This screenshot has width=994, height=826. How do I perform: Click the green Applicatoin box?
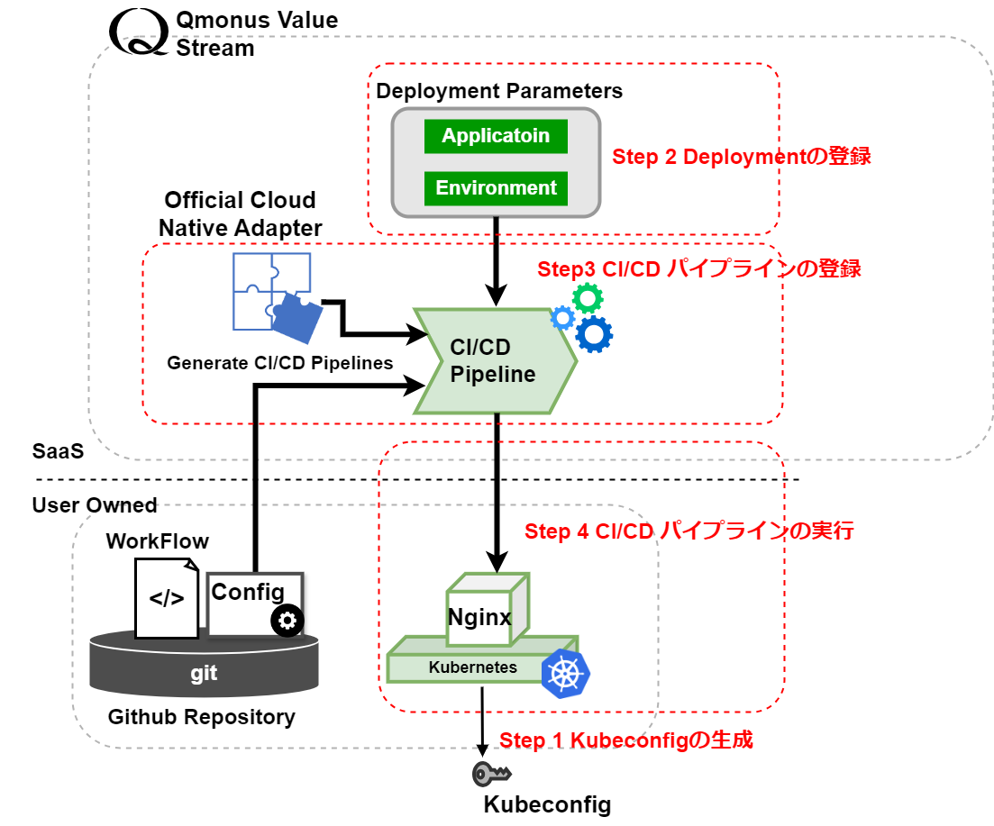coord(496,137)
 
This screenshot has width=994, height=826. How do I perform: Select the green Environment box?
coord(496,188)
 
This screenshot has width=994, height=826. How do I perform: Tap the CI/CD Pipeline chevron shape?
coord(494,360)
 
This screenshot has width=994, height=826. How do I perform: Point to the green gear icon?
coord(588,297)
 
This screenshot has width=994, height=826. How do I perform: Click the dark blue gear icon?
coord(594,334)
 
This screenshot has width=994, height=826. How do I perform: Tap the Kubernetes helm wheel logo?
coord(565,672)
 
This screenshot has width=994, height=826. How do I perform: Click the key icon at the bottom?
coord(492,774)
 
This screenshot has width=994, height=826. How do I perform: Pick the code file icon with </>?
coord(167,597)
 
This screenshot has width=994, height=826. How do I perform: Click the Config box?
coord(249,593)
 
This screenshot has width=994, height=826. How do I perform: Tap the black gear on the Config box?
coord(287,621)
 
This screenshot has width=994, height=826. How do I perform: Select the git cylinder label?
coord(204,673)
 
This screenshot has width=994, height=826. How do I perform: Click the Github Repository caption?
coord(201,717)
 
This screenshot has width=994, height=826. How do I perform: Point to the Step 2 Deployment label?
coord(741,157)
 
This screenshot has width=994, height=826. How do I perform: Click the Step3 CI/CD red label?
coord(698,268)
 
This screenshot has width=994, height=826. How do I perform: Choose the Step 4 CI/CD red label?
coord(689,531)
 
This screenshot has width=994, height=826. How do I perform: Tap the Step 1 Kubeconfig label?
coord(626,740)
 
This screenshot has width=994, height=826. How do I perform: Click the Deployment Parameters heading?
coord(499,91)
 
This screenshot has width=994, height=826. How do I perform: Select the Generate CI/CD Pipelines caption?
coord(280,363)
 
